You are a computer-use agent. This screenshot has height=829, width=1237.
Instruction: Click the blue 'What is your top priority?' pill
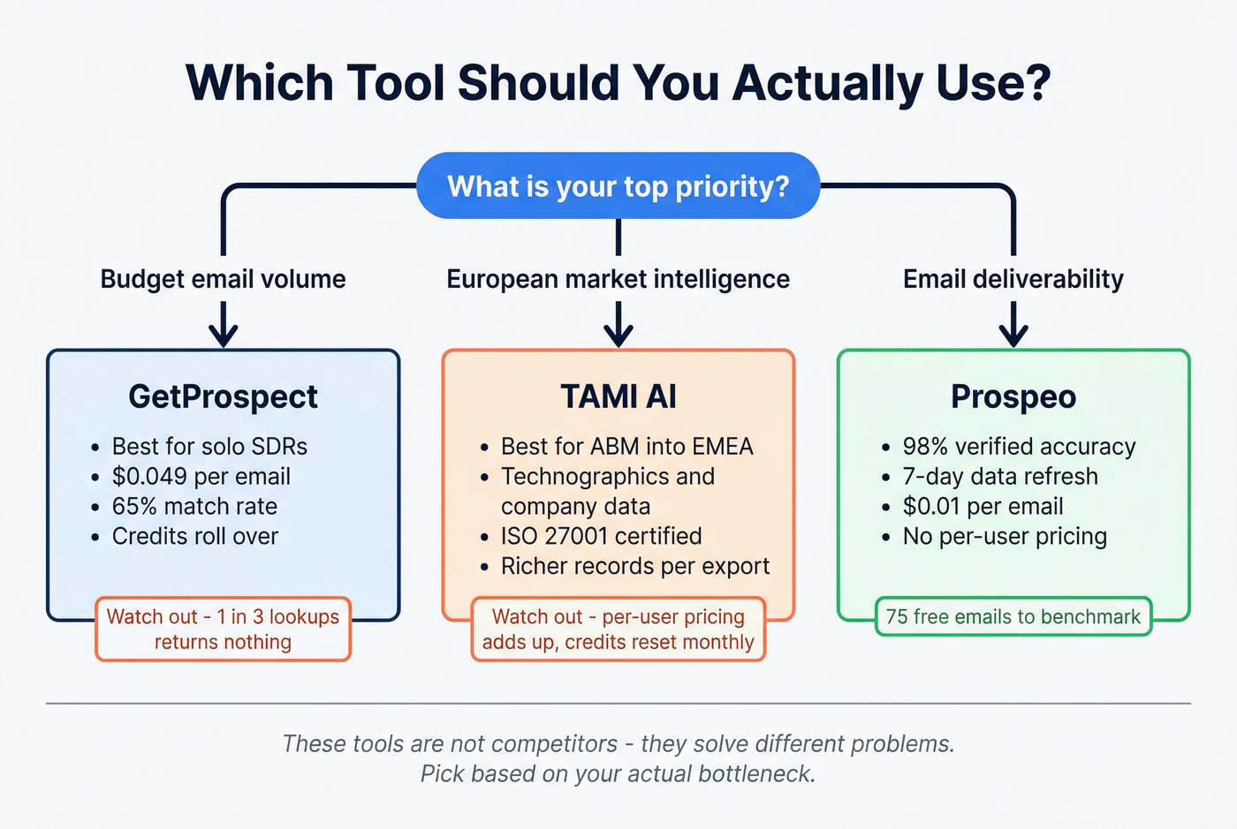[x=618, y=186]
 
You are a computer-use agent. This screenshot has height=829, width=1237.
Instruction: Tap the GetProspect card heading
[x=223, y=396]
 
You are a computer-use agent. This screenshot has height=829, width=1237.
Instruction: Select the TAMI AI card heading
[x=618, y=396]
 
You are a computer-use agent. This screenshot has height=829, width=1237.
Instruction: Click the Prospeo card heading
[x=1013, y=396]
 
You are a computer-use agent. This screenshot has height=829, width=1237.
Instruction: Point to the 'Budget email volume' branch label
[x=223, y=279]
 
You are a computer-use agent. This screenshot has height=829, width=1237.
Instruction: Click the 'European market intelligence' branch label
[x=618, y=279]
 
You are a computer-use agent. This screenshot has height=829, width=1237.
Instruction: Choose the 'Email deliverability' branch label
[x=1013, y=279]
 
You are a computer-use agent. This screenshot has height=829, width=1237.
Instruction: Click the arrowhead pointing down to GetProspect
[x=223, y=335]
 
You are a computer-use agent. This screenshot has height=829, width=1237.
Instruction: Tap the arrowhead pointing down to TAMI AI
[x=618, y=335]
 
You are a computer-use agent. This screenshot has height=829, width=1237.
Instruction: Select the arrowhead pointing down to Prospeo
[x=1013, y=335]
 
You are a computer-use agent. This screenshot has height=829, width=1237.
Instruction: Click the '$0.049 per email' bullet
[x=201, y=477]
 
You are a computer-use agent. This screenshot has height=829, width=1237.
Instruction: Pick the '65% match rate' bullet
[x=194, y=507]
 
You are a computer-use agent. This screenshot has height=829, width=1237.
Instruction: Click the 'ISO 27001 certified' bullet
[x=601, y=536]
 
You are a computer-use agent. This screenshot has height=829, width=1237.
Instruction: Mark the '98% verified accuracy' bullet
[x=1018, y=447]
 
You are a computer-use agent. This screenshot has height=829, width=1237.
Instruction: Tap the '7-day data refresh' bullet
[x=999, y=477]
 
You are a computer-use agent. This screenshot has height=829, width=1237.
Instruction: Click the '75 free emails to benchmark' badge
[x=1013, y=616]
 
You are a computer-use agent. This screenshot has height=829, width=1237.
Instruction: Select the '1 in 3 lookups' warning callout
[x=223, y=629]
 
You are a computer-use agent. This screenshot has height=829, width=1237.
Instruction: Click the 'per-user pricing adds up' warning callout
[x=618, y=629]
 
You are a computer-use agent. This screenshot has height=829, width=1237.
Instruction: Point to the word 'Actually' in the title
[x=827, y=83]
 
